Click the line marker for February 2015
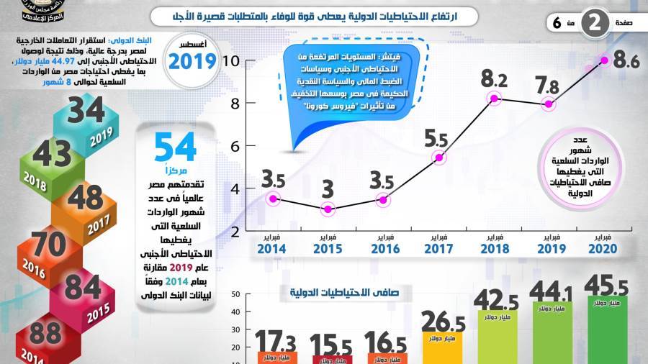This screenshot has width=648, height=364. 328,209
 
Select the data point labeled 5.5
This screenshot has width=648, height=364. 438,158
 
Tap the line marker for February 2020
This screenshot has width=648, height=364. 604,60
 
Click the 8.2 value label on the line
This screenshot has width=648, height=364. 494,78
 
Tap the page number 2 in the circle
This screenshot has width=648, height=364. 594,22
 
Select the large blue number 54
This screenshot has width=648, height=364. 175,147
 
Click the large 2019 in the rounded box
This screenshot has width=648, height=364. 192,60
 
